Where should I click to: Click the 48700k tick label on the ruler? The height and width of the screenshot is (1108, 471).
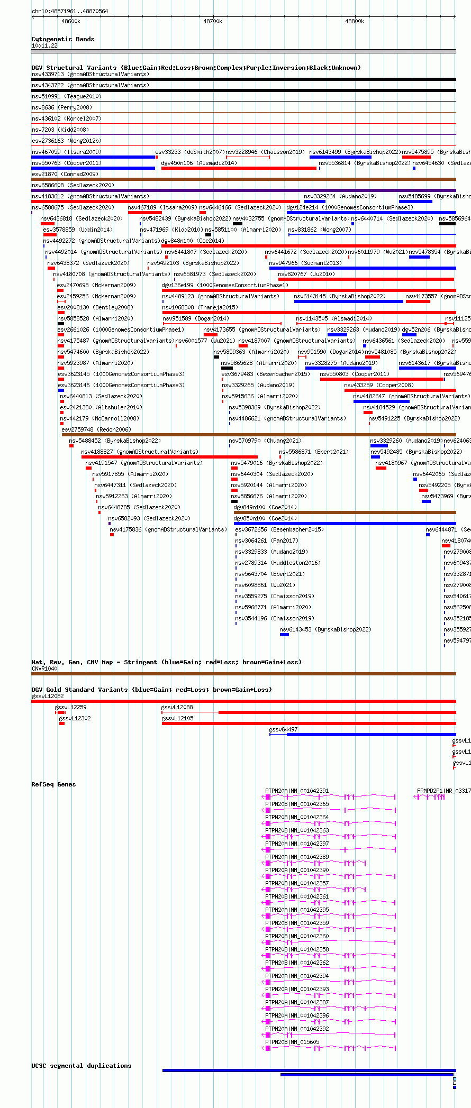coord(213,22)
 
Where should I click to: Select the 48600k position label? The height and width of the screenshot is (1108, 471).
coord(71,22)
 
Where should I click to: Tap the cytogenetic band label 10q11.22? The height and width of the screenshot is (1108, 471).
coord(44,46)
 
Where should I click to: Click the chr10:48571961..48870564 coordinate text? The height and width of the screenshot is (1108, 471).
coord(70,11)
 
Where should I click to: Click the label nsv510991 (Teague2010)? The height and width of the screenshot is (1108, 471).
coord(66,97)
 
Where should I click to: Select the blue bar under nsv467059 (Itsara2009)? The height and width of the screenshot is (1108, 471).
coord(93,157)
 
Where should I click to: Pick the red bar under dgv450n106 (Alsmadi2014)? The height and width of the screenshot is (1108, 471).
coord(239,168)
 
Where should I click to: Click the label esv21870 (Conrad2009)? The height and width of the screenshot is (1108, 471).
coord(65,175)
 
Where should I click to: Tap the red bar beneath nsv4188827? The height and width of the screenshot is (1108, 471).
coord(169,457)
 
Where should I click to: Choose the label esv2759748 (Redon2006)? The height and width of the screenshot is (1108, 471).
coord(96,430)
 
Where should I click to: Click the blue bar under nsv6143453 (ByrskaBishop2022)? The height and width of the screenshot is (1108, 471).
coord(284,635)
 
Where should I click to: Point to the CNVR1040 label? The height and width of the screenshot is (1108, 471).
coord(44,669)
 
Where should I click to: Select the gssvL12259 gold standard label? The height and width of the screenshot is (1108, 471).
coord(70,708)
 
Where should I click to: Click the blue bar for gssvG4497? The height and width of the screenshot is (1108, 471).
coord(370,735)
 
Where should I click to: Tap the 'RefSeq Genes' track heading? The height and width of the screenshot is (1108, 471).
coord(53,785)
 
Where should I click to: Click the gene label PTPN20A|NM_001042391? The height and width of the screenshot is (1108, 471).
coord(297,791)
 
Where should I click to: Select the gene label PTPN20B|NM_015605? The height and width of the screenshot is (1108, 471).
coord(292,1042)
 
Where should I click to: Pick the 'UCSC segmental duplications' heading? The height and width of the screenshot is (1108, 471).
coord(81,1066)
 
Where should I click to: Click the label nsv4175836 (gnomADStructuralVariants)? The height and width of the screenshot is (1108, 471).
coord(168,530)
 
